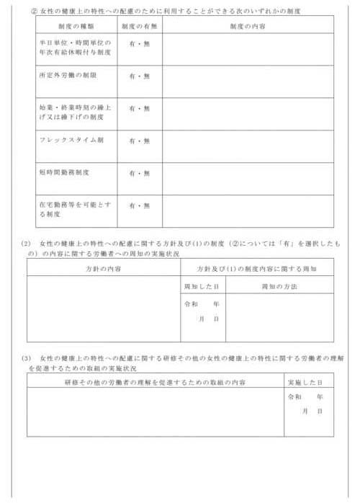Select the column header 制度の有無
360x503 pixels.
pyautogui.click(x=140, y=25)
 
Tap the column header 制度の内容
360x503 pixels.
pyautogui.click(x=248, y=25)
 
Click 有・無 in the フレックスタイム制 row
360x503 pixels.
pyautogui.click(x=140, y=141)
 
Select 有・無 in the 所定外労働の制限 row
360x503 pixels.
pyautogui.click(x=140, y=76)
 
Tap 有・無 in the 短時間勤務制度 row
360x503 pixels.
pyautogui.click(x=140, y=173)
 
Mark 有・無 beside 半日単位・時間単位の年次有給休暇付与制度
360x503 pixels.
pyautogui.click(x=140, y=43)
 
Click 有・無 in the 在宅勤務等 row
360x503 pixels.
pyautogui.click(x=140, y=205)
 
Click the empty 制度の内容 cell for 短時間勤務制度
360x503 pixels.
pyautogui.click(x=248, y=178)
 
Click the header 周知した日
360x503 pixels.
pyautogui.click(x=202, y=286)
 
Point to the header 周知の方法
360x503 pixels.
pyautogui.click(x=279, y=286)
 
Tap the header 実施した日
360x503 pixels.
pyautogui.click(x=309, y=381)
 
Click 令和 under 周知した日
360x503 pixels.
pyautogui.click(x=192, y=304)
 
